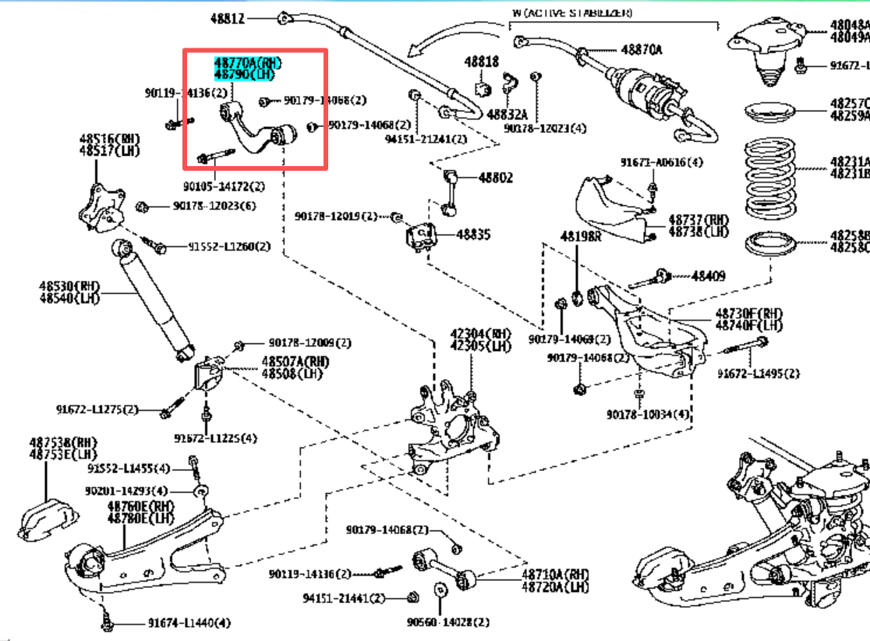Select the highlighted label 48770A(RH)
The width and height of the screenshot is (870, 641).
[248, 62]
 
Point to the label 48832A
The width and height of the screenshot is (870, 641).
[507, 114]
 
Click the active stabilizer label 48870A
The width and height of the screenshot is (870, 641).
[641, 50]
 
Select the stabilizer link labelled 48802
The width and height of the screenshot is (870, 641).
[447, 191]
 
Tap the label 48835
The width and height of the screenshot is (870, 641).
[473, 233]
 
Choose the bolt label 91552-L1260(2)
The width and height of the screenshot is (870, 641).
[228, 246]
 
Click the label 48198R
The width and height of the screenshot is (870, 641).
[581, 236]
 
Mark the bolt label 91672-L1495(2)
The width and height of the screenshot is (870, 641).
[759, 374]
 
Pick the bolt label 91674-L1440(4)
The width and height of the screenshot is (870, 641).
[189, 623]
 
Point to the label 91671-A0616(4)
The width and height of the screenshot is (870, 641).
[661, 162]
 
